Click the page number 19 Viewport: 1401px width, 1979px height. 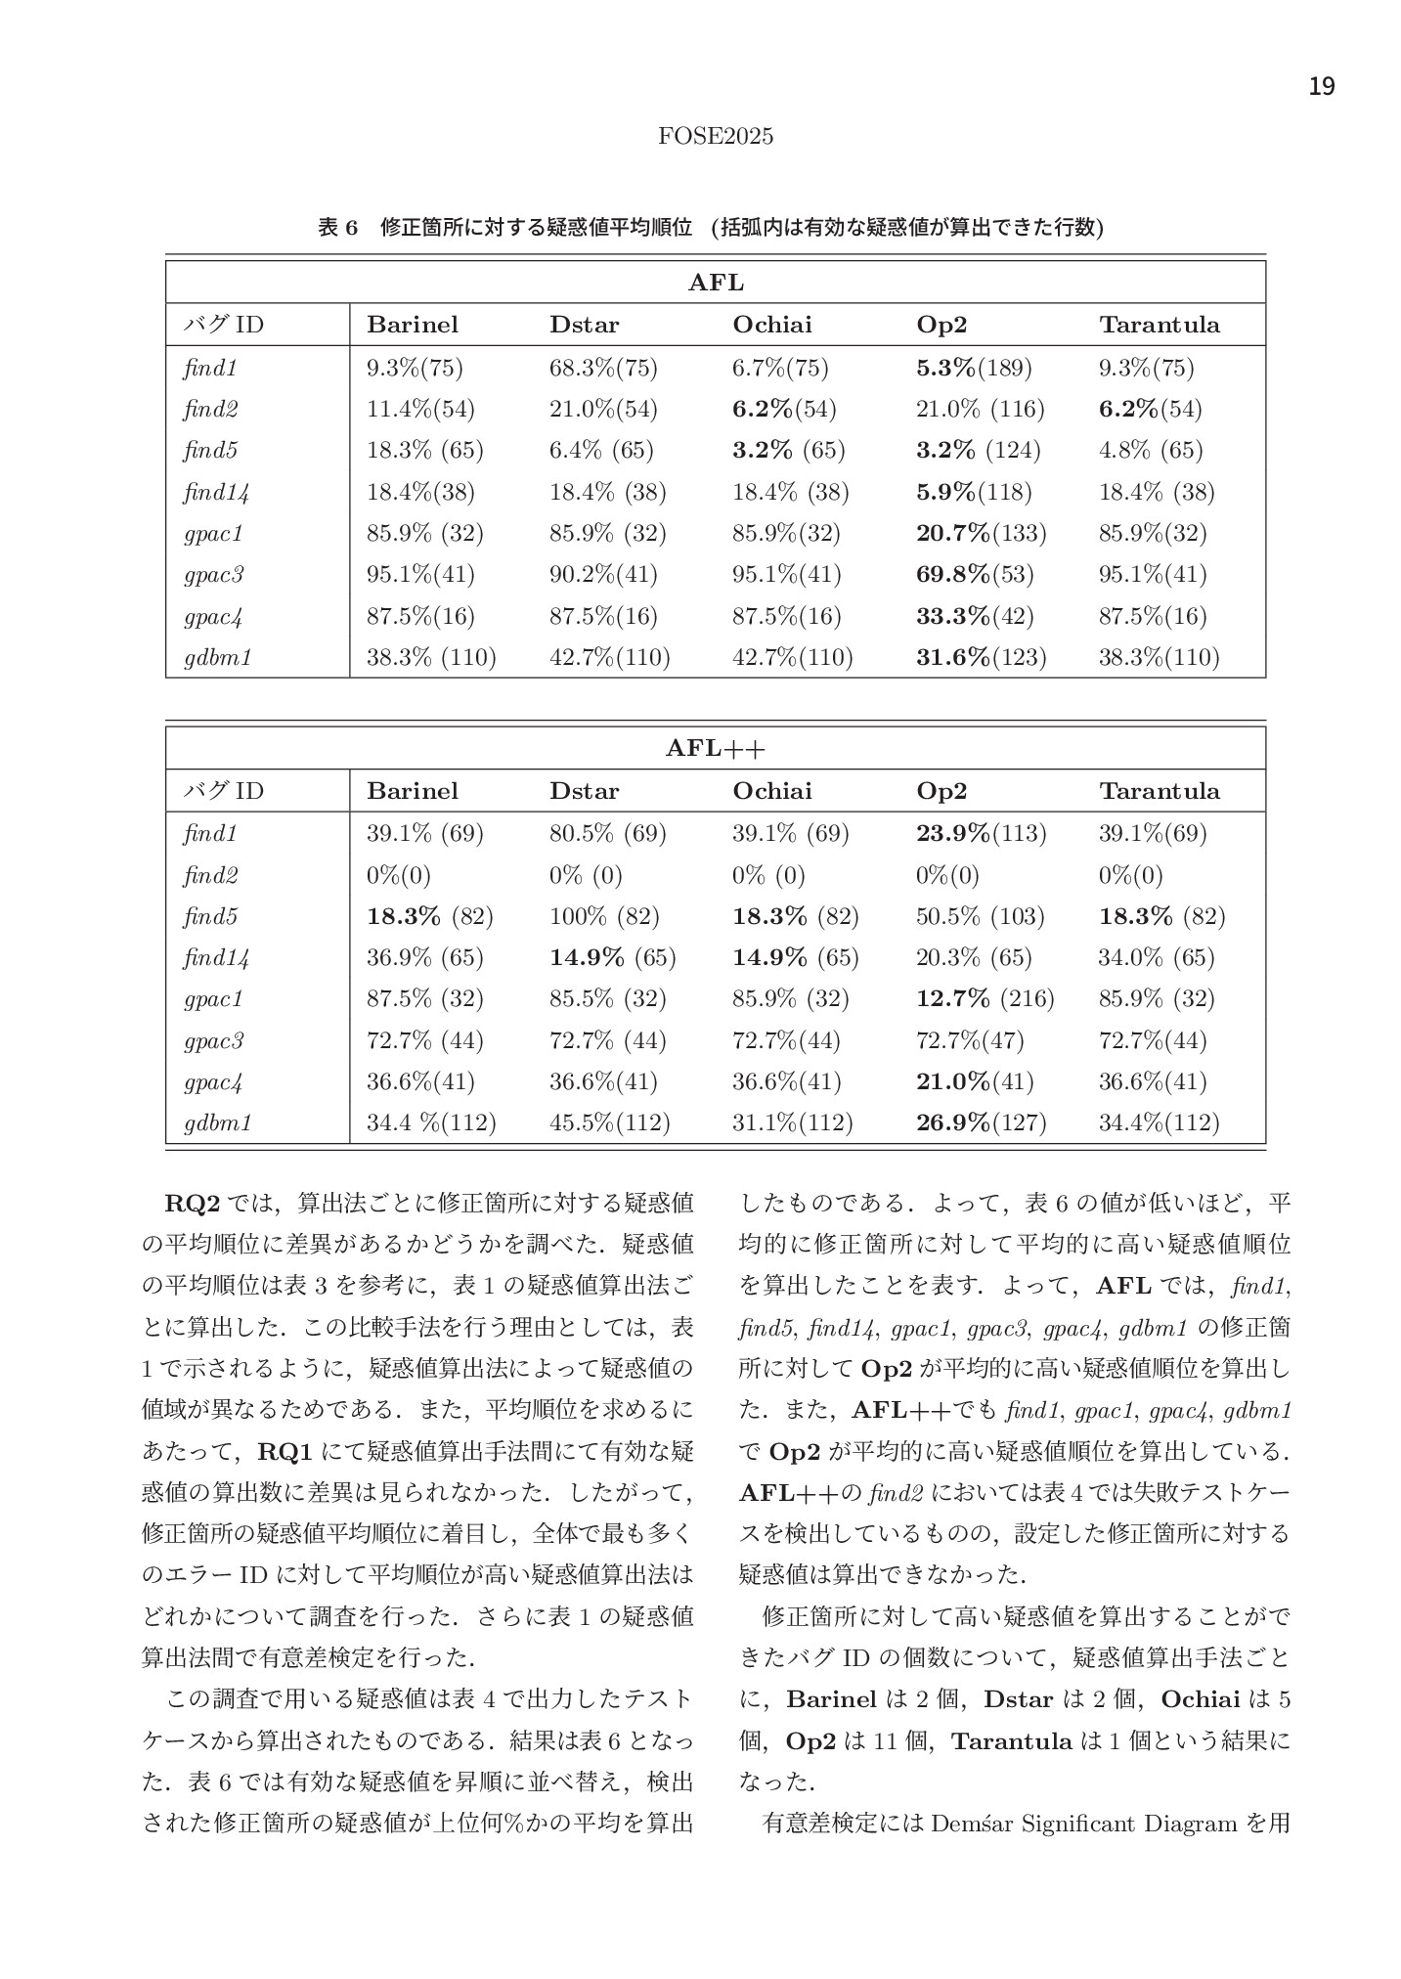[1321, 87]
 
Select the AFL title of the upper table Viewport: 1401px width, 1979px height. [716, 284]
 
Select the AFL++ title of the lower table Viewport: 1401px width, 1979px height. [716, 749]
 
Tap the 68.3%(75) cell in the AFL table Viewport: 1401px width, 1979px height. [603, 368]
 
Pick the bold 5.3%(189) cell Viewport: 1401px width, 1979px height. [974, 368]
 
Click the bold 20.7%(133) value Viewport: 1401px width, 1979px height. [981, 533]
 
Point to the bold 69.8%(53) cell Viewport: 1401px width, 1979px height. [974, 574]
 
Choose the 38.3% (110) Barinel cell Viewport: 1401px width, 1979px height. [431, 657]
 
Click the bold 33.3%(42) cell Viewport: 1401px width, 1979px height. [974, 616]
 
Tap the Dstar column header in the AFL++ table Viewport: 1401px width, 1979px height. [584, 790]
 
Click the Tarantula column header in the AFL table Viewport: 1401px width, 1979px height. [1160, 325]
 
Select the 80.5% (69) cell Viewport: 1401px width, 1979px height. [607, 833]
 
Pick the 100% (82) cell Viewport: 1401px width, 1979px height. [604, 916]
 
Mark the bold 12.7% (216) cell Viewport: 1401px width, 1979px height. [985, 998]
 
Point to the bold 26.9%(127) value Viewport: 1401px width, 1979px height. [981, 1122]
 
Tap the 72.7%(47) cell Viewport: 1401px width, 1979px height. [970, 1040]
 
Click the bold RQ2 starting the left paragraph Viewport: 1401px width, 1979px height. [192, 1202]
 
